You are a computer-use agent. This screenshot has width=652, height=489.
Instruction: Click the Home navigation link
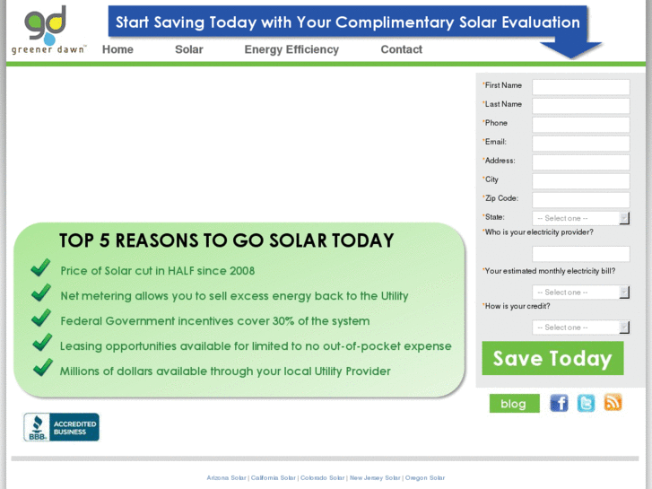(x=117, y=49)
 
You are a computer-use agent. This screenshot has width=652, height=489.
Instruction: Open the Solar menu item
(x=188, y=49)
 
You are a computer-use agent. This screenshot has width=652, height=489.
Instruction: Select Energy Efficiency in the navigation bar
(x=291, y=49)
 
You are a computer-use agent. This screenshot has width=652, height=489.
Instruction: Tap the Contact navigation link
(x=401, y=49)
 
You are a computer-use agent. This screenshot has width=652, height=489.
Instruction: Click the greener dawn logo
(x=48, y=31)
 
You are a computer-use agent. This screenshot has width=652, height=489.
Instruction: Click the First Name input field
(x=580, y=87)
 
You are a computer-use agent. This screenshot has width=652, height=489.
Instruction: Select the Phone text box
(x=580, y=125)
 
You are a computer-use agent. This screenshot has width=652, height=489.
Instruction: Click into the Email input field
(x=580, y=144)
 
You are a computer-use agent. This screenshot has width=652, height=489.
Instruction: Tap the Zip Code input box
(x=580, y=200)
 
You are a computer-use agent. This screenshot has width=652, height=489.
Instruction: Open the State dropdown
(x=580, y=218)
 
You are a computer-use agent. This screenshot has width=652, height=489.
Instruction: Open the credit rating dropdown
(x=580, y=327)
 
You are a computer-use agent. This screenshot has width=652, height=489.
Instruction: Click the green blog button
(x=514, y=404)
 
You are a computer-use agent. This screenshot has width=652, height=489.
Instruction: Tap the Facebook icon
(x=559, y=403)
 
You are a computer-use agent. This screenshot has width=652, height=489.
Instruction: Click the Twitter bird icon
(x=586, y=403)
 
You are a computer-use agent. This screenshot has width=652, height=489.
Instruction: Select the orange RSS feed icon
(x=613, y=403)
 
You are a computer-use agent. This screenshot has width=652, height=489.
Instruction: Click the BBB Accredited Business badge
(x=61, y=427)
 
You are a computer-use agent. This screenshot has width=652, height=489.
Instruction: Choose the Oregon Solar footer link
(x=424, y=478)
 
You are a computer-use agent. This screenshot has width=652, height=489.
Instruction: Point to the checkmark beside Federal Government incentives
(x=41, y=319)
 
